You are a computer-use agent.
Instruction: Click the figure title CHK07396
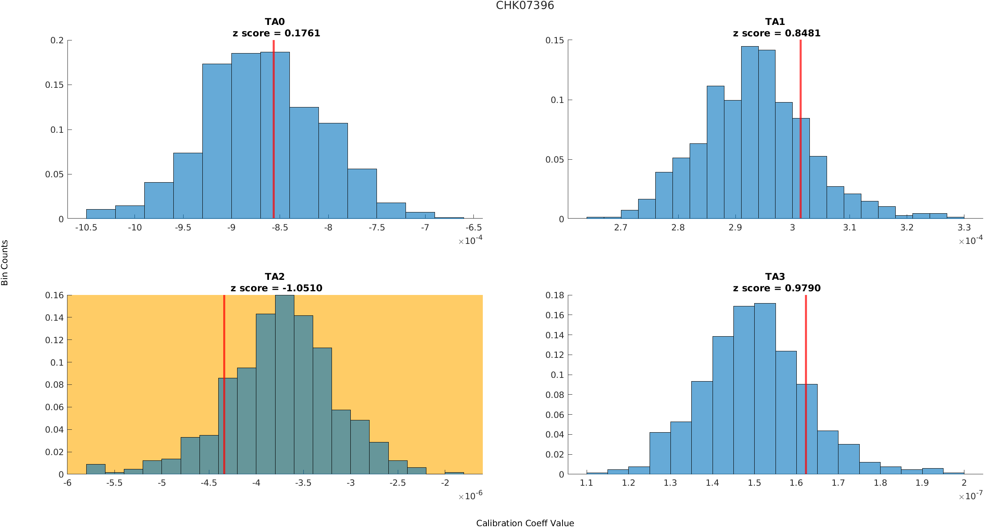(525, 6)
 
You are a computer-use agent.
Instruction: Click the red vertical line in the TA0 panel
(273, 131)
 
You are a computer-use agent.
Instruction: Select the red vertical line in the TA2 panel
(224, 384)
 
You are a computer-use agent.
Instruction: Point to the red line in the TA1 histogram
(800, 131)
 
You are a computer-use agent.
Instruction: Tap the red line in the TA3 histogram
(806, 384)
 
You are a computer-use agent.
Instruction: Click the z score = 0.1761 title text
(276, 33)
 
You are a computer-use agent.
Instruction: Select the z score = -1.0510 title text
(276, 288)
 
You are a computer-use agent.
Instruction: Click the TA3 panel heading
(775, 277)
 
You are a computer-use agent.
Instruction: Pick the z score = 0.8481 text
(777, 33)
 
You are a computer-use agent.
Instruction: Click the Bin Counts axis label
(5, 263)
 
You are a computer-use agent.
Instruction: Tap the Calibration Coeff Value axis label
(525, 523)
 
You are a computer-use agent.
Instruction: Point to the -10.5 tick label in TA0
(86, 228)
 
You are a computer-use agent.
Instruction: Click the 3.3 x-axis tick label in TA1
(964, 228)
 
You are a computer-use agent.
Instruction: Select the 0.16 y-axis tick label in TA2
(54, 295)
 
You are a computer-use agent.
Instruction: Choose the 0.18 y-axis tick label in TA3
(555, 295)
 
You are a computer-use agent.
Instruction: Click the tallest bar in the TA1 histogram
(750, 135)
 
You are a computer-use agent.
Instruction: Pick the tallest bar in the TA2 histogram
(285, 384)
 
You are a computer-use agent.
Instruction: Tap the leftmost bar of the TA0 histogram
(101, 214)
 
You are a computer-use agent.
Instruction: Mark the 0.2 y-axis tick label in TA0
(57, 40)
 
